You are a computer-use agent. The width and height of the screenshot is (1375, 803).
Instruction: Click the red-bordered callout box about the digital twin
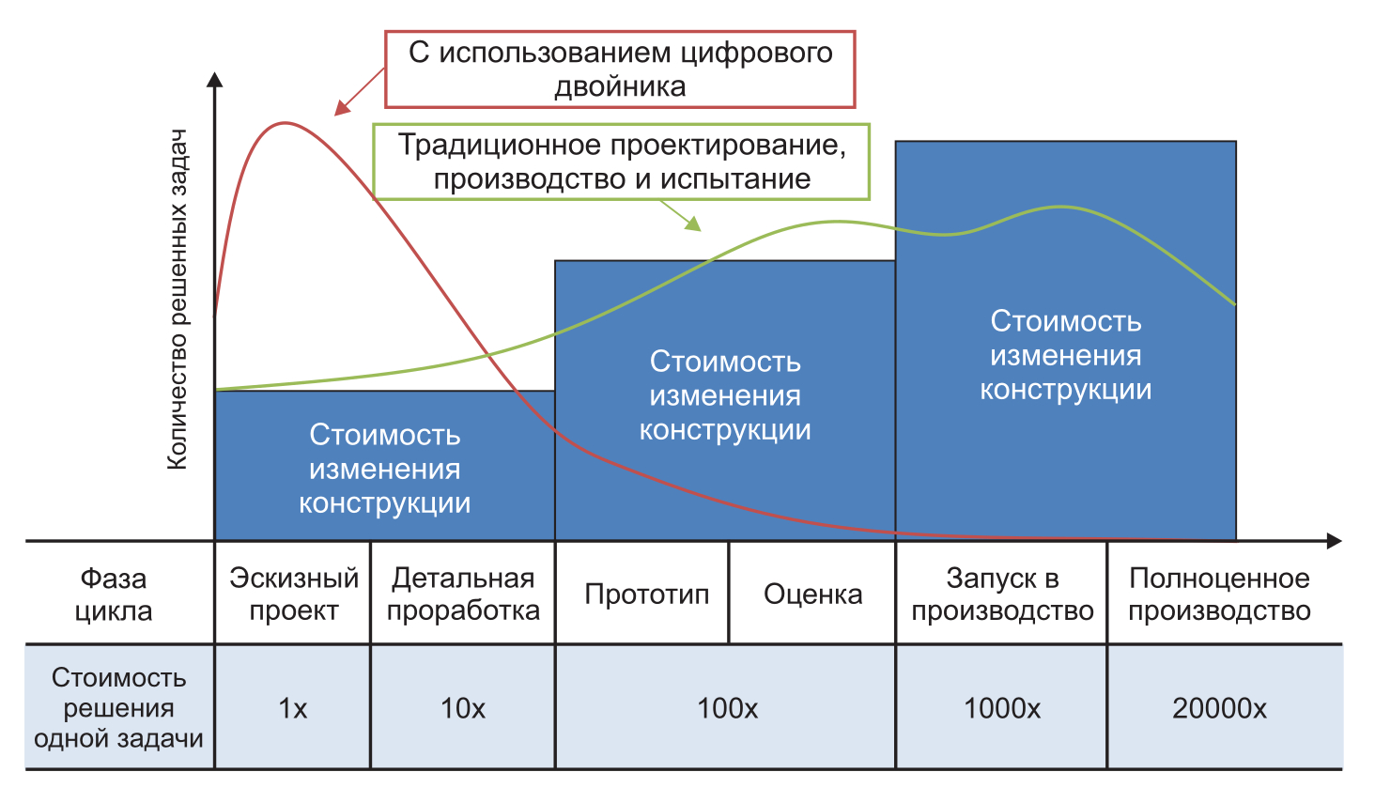pyautogui.click(x=620, y=69)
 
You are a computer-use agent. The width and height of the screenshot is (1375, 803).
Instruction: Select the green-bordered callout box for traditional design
pyautogui.click(x=622, y=162)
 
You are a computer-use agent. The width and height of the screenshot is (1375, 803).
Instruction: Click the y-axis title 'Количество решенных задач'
pyautogui.click(x=178, y=299)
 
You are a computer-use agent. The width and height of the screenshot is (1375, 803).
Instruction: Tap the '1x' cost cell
pyautogui.click(x=293, y=708)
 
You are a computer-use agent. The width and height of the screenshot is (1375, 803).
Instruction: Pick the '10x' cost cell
pyautogui.click(x=463, y=708)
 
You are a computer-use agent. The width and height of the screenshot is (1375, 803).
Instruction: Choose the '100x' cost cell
pyautogui.click(x=727, y=708)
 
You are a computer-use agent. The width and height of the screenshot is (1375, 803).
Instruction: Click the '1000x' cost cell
pyautogui.click(x=1002, y=708)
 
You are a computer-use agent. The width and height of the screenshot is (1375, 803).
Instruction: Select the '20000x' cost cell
pyautogui.click(x=1219, y=708)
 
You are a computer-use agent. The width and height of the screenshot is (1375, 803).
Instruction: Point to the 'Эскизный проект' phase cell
pyautogui.click(x=293, y=594)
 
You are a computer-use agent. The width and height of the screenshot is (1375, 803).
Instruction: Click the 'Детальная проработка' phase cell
pyautogui.click(x=463, y=594)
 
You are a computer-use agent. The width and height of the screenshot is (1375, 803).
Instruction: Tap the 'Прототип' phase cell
pyautogui.click(x=646, y=594)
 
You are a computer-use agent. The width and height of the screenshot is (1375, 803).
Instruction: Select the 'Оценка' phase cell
pyautogui.click(x=812, y=594)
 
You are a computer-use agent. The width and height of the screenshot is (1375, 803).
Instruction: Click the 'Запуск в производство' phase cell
pyautogui.click(x=1002, y=594)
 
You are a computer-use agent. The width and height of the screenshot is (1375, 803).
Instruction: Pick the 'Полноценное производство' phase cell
pyautogui.click(x=1219, y=594)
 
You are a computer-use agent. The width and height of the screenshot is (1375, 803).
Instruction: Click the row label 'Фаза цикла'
pyautogui.click(x=114, y=594)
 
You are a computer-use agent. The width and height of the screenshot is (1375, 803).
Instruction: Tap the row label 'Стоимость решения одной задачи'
pyautogui.click(x=118, y=708)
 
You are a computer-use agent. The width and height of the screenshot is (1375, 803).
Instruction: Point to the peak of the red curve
pyautogui.click(x=285, y=123)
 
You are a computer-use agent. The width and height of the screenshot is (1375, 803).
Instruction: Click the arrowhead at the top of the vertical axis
pyautogui.click(x=215, y=79)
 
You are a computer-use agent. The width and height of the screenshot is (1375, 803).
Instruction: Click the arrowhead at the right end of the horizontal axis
pyautogui.click(x=1334, y=541)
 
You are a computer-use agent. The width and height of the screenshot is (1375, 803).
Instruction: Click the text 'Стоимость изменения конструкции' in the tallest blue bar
pyautogui.click(x=1066, y=355)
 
